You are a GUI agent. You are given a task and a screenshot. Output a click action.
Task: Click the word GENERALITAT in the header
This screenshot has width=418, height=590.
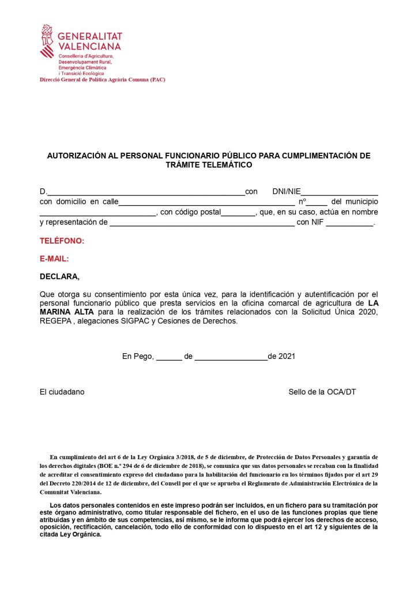(90, 36)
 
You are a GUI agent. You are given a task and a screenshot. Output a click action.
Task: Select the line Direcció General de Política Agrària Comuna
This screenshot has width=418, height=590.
(102, 80)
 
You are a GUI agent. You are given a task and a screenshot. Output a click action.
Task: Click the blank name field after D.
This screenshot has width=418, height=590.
(145, 192)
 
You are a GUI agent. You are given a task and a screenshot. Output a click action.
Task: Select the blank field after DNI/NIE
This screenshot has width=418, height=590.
(340, 192)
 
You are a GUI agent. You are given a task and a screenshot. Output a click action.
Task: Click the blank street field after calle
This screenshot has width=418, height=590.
(206, 202)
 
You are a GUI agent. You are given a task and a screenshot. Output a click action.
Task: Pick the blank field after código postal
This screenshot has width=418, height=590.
(238, 213)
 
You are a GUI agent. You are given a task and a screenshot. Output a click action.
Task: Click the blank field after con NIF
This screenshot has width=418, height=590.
(349, 223)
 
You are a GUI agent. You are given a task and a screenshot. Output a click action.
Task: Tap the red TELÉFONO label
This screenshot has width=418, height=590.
(62, 240)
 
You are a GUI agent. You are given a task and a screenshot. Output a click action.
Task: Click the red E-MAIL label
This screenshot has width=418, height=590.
(54, 259)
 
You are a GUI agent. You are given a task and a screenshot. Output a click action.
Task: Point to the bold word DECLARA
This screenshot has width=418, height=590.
(59, 277)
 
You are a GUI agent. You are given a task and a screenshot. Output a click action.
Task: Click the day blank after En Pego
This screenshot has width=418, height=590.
(169, 357)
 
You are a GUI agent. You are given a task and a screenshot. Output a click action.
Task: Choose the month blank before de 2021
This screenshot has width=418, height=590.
(231, 357)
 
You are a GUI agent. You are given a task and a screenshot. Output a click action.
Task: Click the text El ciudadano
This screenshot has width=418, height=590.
(62, 392)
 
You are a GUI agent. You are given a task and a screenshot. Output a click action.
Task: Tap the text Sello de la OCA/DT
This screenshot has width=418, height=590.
(322, 392)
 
